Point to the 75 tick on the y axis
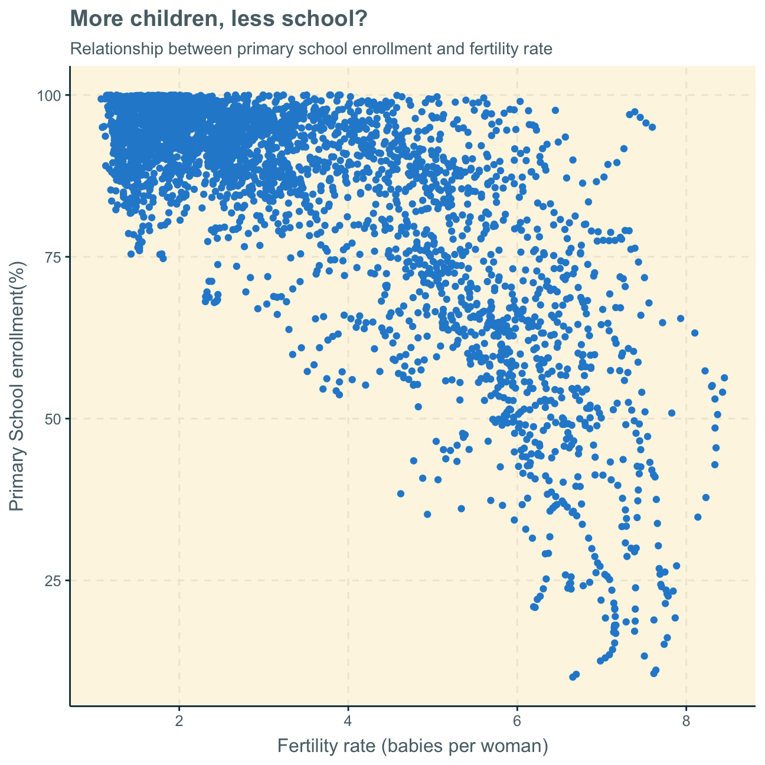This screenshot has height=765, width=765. coord(53,257)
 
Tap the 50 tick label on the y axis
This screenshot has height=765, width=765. coord(53,419)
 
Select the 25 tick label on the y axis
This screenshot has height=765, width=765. coord(53,581)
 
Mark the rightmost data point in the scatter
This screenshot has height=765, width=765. coord(724,378)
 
